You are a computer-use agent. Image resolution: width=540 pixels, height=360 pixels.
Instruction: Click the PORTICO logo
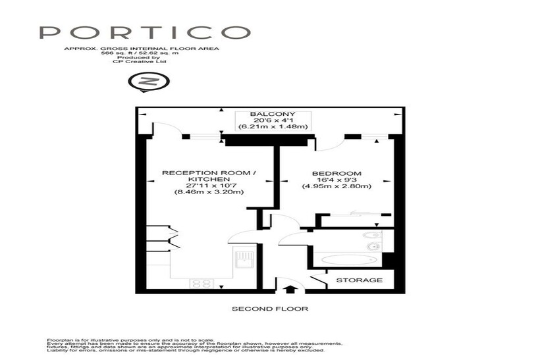[x=145, y=32]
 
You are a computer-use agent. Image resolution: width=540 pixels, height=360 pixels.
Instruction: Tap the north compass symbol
[x=149, y=82]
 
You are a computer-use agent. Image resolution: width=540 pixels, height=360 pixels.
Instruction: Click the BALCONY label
[x=273, y=114]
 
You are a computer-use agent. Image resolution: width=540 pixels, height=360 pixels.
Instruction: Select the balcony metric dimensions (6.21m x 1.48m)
[x=273, y=126]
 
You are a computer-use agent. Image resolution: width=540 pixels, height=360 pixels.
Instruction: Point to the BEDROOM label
[x=337, y=174]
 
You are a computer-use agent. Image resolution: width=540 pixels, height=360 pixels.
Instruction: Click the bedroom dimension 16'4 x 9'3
[x=337, y=180]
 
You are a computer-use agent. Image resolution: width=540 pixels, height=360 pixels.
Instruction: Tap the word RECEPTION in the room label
[x=190, y=173]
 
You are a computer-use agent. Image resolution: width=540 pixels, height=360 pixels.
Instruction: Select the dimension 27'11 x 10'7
[x=209, y=186]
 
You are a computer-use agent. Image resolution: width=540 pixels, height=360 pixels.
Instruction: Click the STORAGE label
[x=360, y=280]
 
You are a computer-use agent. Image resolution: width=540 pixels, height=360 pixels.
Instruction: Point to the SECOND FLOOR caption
[x=270, y=309]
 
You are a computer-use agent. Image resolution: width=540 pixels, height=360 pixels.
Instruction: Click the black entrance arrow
[x=290, y=288]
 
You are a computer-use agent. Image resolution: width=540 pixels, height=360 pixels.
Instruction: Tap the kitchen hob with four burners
[x=201, y=284]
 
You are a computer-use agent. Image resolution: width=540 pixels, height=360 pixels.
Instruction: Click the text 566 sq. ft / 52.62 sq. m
[x=140, y=53]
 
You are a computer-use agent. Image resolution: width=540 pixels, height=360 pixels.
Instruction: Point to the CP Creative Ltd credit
[x=140, y=62]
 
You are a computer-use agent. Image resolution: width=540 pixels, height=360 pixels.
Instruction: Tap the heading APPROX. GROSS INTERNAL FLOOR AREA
[x=142, y=49]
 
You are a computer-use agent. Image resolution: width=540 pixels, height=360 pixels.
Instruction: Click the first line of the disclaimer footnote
[x=130, y=340]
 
